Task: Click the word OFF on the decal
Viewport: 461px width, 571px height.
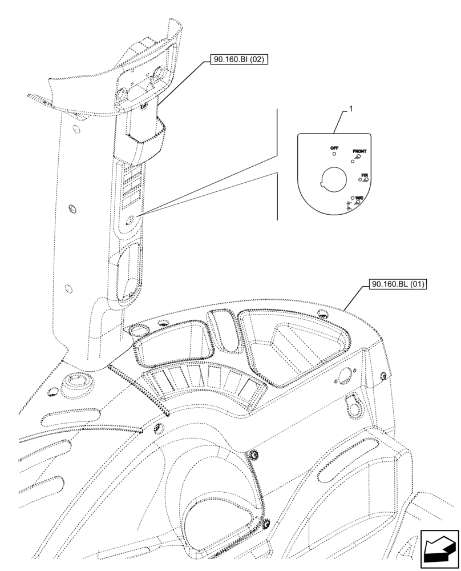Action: tap(334, 148)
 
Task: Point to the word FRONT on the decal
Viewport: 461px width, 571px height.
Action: tap(359, 151)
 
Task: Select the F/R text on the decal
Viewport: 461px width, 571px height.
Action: tap(364, 174)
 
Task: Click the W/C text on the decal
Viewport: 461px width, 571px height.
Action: tap(359, 197)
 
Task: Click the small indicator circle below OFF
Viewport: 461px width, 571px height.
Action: tap(334, 154)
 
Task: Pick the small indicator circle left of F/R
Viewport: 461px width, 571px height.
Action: tap(359, 179)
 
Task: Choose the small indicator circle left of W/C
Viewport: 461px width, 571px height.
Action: tap(353, 197)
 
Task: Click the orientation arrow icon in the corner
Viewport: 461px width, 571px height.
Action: tap(439, 549)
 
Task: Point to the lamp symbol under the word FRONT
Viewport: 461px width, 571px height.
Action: tap(358, 156)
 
